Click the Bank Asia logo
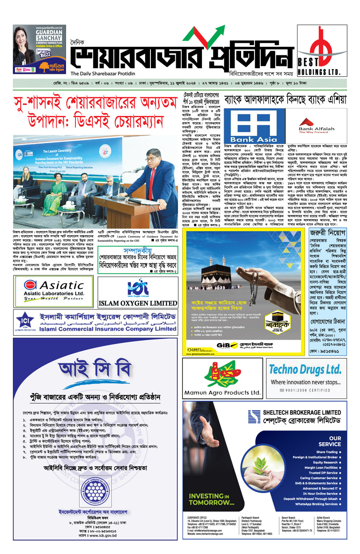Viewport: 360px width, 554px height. coord(254,126)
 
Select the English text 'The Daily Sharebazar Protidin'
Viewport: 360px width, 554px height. coord(102,74)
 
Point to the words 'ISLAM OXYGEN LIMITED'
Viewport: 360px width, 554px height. coord(138,303)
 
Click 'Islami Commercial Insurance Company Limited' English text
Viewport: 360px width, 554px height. coord(107,329)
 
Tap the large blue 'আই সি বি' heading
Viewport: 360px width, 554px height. coord(95,369)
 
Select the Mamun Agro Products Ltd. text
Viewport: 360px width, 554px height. coord(222,392)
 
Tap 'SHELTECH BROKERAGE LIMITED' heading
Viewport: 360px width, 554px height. coord(302,413)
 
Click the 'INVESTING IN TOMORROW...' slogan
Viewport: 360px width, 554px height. coord(211,499)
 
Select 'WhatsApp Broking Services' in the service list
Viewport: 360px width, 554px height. coord(316,504)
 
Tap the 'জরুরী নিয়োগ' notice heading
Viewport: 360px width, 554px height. coord(327,233)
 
